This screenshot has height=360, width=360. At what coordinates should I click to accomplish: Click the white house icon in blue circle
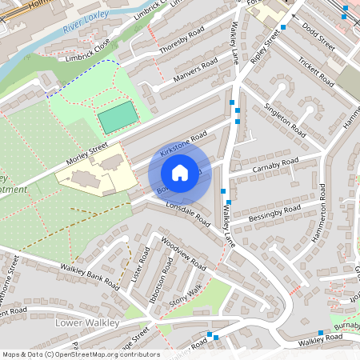pyautogui.click(x=180, y=173)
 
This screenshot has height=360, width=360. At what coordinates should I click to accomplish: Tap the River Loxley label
pyautogui.click(x=86, y=30)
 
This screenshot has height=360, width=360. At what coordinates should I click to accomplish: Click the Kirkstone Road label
pyautogui.click(x=183, y=142)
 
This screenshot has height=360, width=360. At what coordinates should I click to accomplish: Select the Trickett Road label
pyautogui.click(x=315, y=70)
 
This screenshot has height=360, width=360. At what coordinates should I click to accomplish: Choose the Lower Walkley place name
pyautogui.click(x=88, y=322)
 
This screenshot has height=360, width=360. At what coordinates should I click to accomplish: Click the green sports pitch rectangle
pyautogui.click(x=117, y=117)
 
